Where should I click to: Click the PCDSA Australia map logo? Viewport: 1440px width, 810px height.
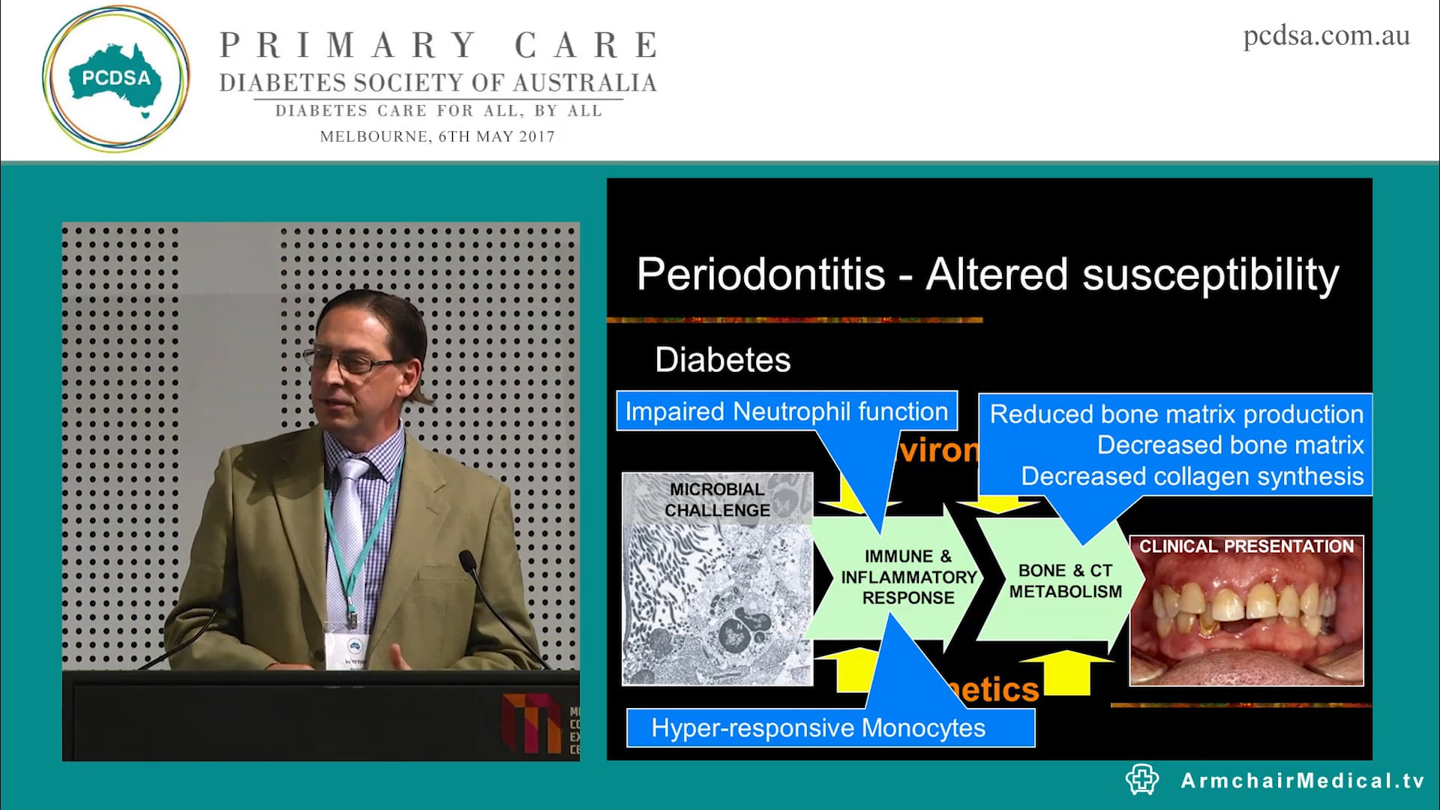(x=115, y=79)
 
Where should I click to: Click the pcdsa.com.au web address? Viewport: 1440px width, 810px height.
(x=1326, y=36)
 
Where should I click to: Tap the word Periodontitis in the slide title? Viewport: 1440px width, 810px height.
(x=760, y=274)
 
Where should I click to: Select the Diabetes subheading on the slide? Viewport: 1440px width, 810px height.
(x=722, y=360)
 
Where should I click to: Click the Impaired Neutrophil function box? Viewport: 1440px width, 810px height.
(x=786, y=411)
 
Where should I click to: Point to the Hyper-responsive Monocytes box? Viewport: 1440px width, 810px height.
(x=818, y=728)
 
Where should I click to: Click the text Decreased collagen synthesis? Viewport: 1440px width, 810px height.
(x=1192, y=477)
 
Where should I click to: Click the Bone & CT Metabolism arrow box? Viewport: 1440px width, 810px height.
(x=1065, y=580)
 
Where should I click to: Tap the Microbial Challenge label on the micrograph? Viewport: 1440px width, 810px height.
(x=717, y=499)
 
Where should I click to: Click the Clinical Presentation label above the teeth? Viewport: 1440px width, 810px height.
(x=1246, y=547)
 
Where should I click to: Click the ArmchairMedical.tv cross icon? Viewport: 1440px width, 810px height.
(x=1142, y=780)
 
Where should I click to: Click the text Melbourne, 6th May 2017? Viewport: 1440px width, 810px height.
(x=437, y=137)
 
